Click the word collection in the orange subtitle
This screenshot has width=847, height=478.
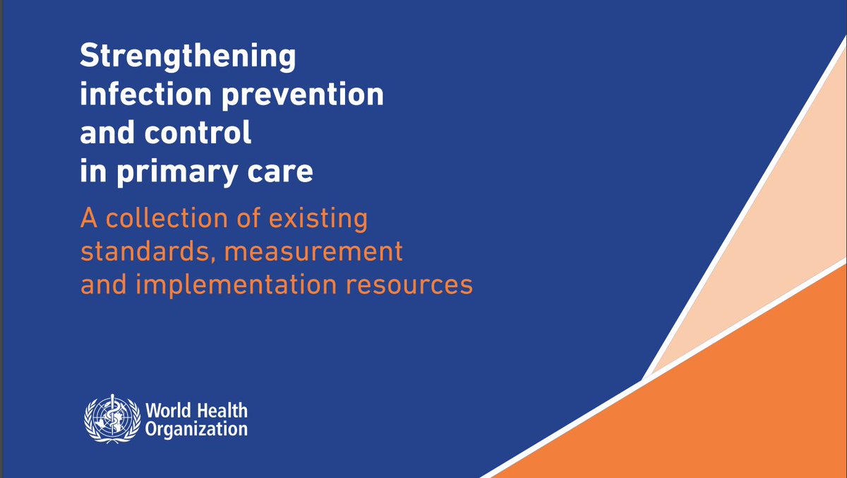pyautogui.click(x=164, y=219)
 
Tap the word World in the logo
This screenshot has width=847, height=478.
pyautogui.click(x=164, y=411)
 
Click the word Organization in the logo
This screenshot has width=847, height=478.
pyautogui.click(x=196, y=428)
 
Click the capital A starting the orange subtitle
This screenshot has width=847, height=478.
pyautogui.click(x=88, y=219)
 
